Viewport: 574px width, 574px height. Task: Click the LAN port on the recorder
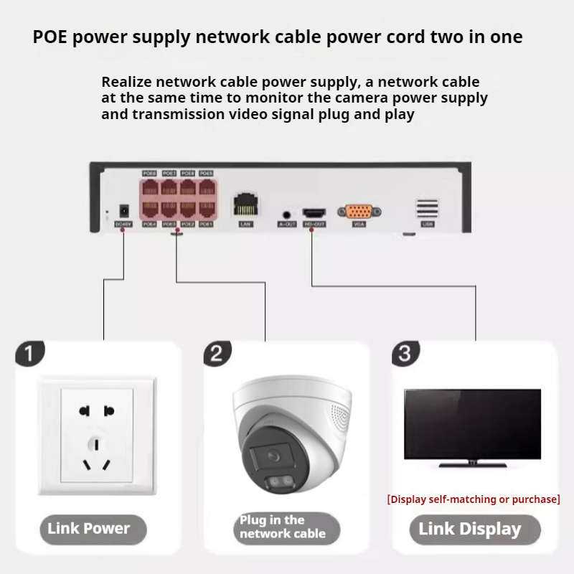[x=245, y=207]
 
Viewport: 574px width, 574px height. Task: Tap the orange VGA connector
[x=359, y=212]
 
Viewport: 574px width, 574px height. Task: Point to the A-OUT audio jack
[x=287, y=214]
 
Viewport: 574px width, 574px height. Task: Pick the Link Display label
[x=470, y=530]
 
